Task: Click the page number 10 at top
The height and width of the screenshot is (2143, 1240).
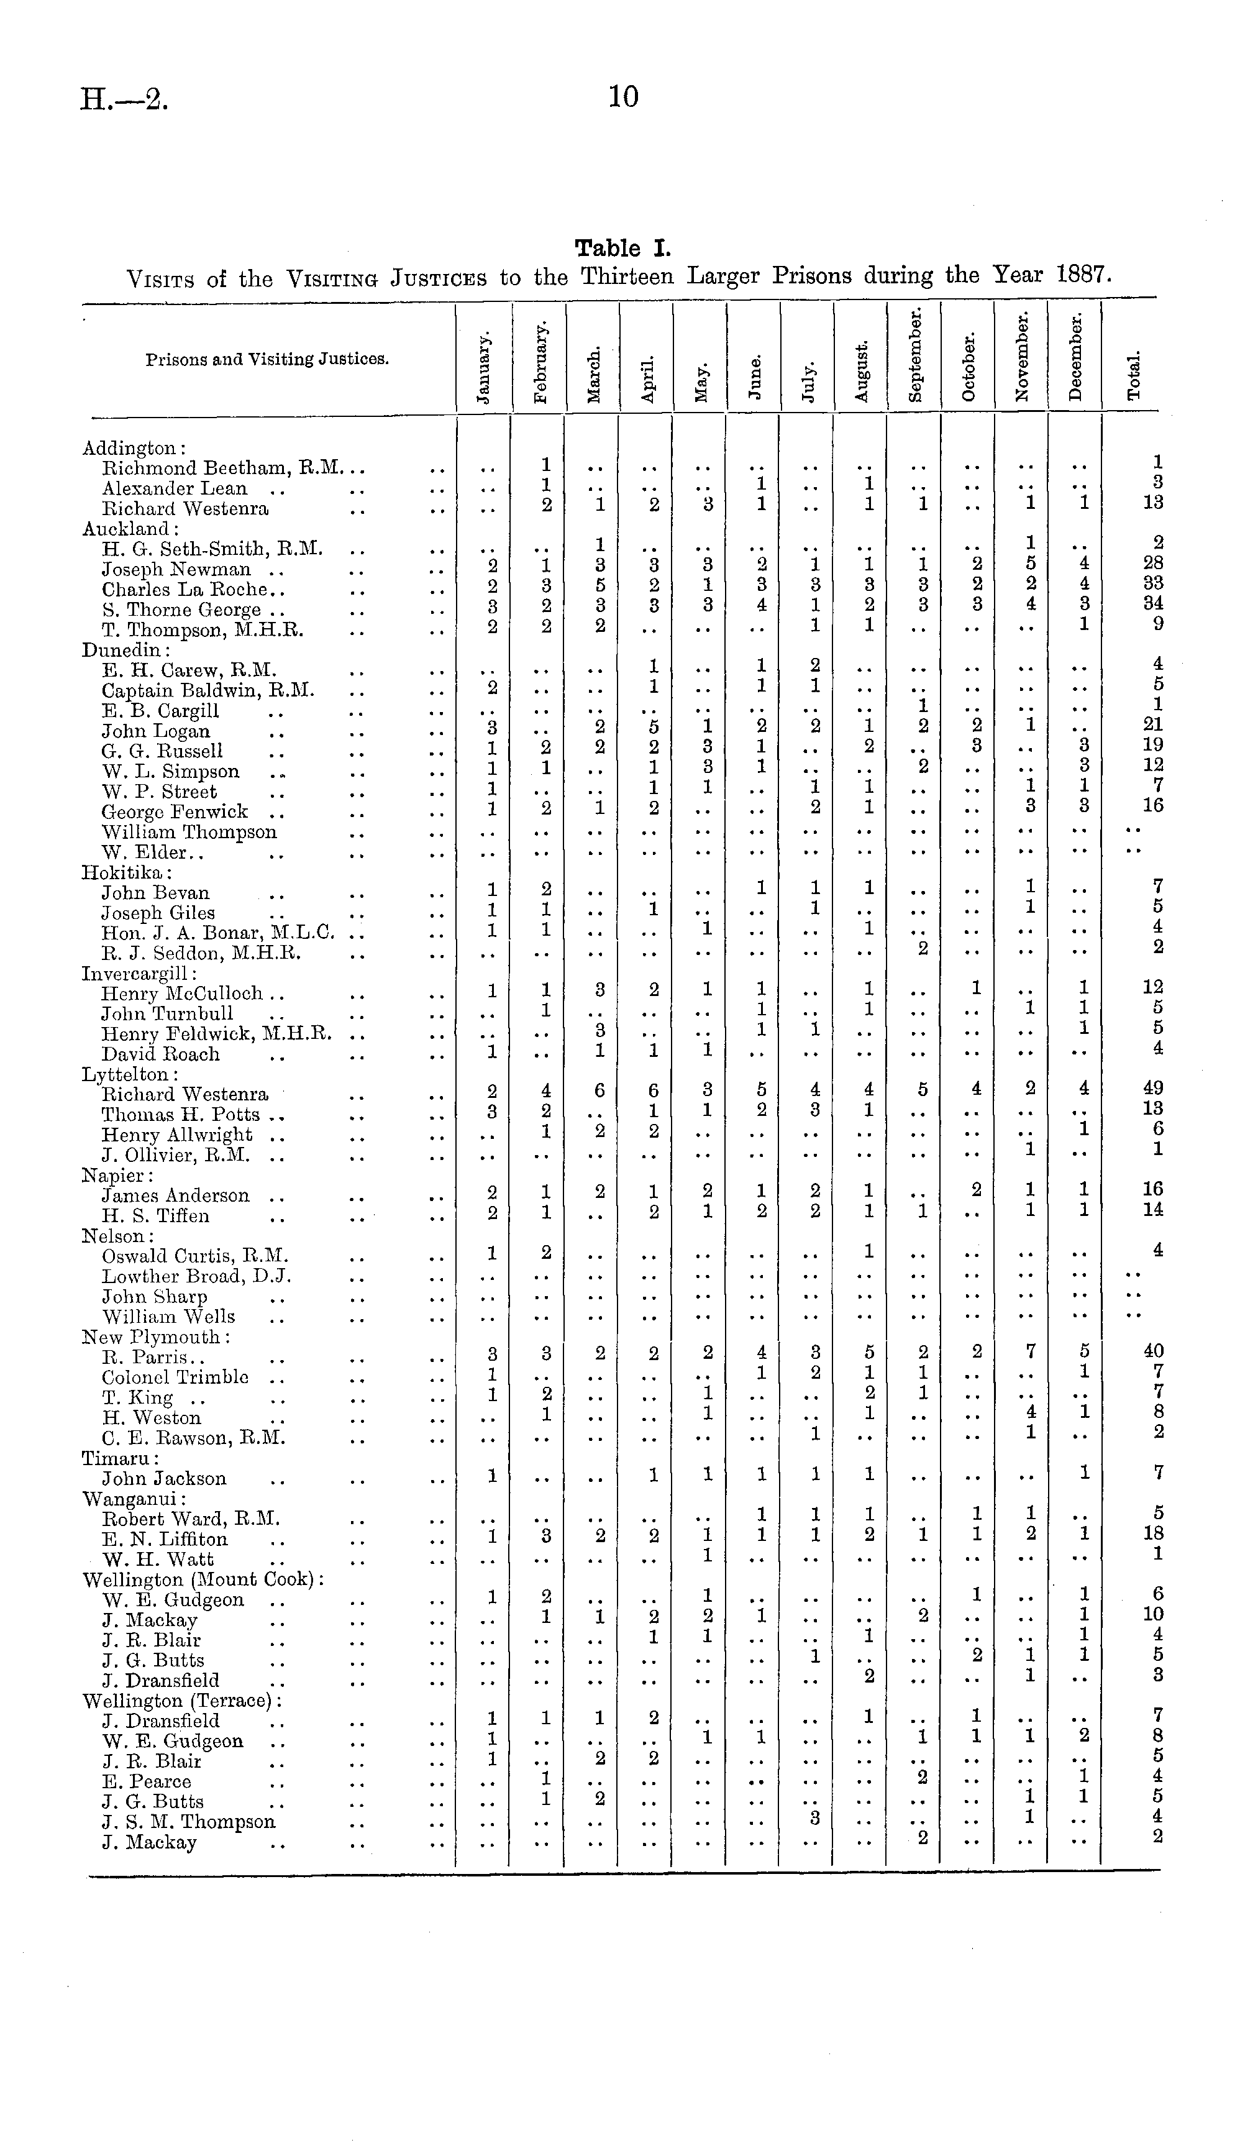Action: (623, 97)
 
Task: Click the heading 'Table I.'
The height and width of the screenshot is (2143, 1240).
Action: (622, 249)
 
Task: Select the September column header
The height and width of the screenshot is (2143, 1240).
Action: (915, 355)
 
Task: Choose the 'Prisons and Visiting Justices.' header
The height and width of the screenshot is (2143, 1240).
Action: (267, 359)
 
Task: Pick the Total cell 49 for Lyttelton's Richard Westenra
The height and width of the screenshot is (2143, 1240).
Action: (1153, 1089)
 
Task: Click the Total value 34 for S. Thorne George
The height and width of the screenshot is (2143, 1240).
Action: (1153, 604)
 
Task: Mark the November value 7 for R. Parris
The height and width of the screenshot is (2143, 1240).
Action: (1030, 1351)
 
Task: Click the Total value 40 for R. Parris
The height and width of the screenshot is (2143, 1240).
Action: (1153, 1351)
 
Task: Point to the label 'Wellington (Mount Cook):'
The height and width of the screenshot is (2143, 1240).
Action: (203, 1580)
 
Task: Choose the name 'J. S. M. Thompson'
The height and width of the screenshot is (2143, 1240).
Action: (189, 1822)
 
